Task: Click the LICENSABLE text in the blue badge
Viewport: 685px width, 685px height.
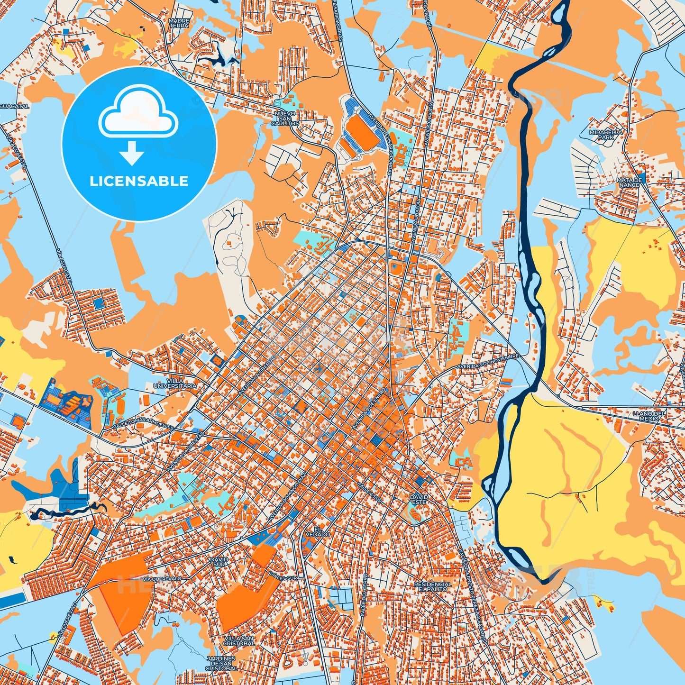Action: (139, 181)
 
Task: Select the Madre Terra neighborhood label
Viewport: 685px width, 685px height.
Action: (179, 23)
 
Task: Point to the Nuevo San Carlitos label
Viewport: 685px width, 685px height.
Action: (285, 119)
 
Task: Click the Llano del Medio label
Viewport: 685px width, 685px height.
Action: (649, 416)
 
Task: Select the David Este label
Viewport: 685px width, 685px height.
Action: (419, 499)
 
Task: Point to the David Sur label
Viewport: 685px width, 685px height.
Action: (219, 562)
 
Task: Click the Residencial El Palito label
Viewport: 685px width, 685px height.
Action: (433, 587)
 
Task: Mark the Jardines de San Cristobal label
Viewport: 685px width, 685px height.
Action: (221, 663)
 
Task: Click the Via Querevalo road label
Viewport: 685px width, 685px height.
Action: (162, 579)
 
